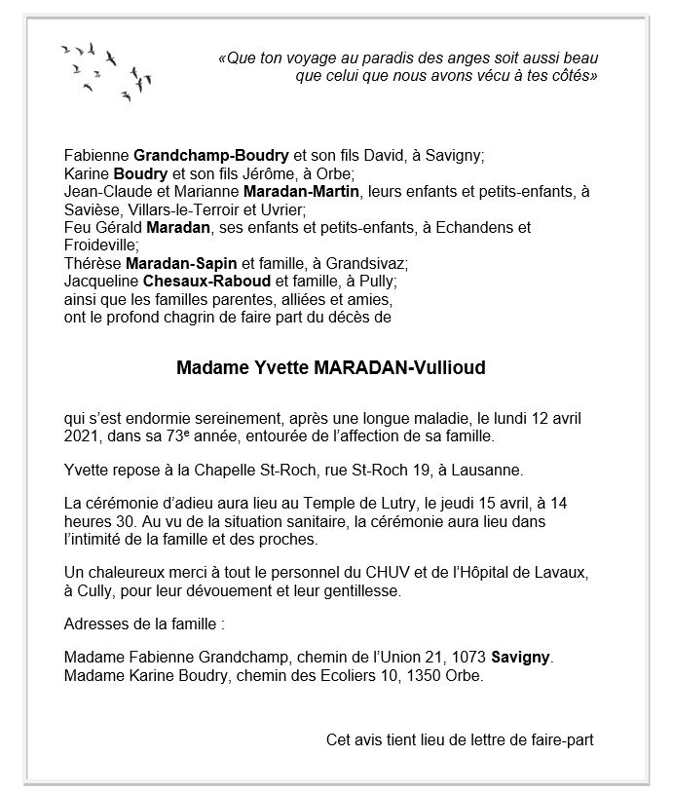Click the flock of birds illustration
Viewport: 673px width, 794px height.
click(x=105, y=68)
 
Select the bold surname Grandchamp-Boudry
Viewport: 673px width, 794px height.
click(x=211, y=156)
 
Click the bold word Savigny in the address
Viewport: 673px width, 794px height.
click(x=521, y=658)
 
